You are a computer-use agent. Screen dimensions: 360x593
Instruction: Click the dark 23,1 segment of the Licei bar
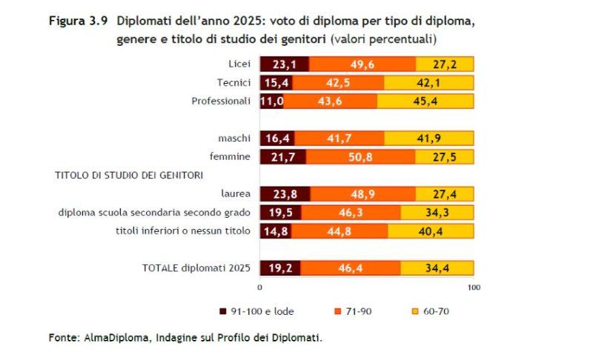pyautogui.click(x=284, y=64)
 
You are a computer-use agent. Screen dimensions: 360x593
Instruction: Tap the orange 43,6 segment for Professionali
pyautogui.click(x=330, y=101)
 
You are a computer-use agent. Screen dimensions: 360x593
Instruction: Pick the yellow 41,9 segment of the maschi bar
pyautogui.click(x=429, y=139)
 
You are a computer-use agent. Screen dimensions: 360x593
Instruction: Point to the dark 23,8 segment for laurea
pyautogui.click(x=285, y=194)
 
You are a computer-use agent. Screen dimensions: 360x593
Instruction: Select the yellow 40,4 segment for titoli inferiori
pyautogui.click(x=431, y=231)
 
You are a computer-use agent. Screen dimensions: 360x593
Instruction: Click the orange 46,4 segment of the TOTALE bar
pyautogui.click(x=350, y=268)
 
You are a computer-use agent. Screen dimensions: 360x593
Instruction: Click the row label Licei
pyautogui.click(x=240, y=64)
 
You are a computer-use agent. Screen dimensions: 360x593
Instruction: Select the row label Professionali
pyautogui.click(x=222, y=101)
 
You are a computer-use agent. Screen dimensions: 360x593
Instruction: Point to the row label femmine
pyautogui.click(x=234, y=157)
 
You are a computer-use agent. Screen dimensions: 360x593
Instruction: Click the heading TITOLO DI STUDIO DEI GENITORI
pyautogui.click(x=129, y=176)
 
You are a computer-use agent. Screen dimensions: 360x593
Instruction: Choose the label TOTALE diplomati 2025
pyautogui.click(x=196, y=268)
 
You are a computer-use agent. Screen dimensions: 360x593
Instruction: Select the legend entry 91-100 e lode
pyautogui.click(x=261, y=312)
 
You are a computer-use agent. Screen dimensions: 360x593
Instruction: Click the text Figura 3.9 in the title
pyautogui.click(x=78, y=21)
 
